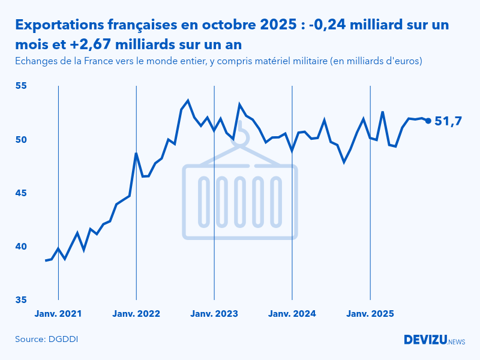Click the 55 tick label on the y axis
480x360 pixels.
(22, 86)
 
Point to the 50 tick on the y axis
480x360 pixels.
(22, 139)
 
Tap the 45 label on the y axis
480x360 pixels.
(22, 193)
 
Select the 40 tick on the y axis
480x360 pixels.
(22, 246)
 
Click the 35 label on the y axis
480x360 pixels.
(22, 299)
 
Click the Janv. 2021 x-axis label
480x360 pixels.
(58, 313)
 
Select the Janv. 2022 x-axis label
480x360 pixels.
(136, 313)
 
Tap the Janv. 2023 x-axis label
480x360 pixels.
(214, 313)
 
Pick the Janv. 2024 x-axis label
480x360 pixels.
(292, 313)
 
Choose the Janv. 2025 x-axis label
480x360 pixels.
(370, 313)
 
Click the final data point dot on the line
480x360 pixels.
(428, 121)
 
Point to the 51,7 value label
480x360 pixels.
(448, 121)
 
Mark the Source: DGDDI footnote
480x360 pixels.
(46, 339)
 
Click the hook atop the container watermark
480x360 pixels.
(241, 135)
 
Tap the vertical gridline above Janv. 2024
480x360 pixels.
(292, 192)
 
